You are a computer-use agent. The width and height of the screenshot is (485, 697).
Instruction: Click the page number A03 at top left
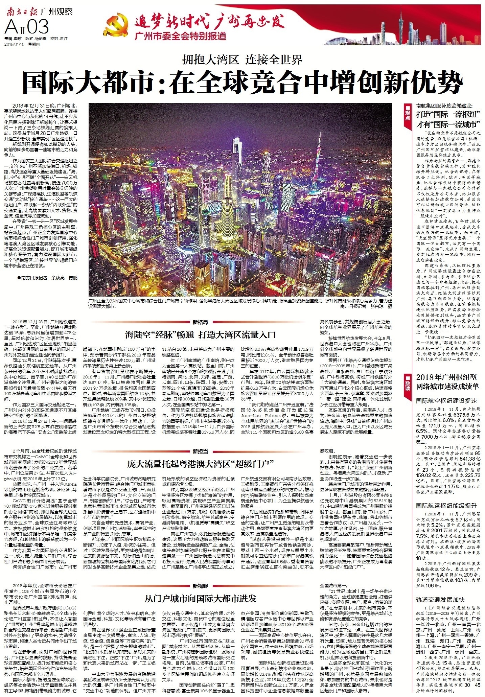[27, 26]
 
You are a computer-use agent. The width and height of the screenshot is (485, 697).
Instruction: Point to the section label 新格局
[200, 322]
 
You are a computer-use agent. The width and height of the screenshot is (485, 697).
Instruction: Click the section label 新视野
[200, 586]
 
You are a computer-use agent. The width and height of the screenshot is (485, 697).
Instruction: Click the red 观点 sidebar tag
[408, 115]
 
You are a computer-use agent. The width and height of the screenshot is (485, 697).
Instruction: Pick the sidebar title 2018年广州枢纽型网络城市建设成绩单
[448, 382]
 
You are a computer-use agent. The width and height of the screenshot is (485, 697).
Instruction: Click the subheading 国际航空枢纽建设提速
[446, 401]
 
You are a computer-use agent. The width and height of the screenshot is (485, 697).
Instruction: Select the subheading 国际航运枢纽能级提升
[446, 506]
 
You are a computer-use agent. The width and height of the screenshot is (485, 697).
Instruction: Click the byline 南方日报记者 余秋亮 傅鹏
[47, 278]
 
